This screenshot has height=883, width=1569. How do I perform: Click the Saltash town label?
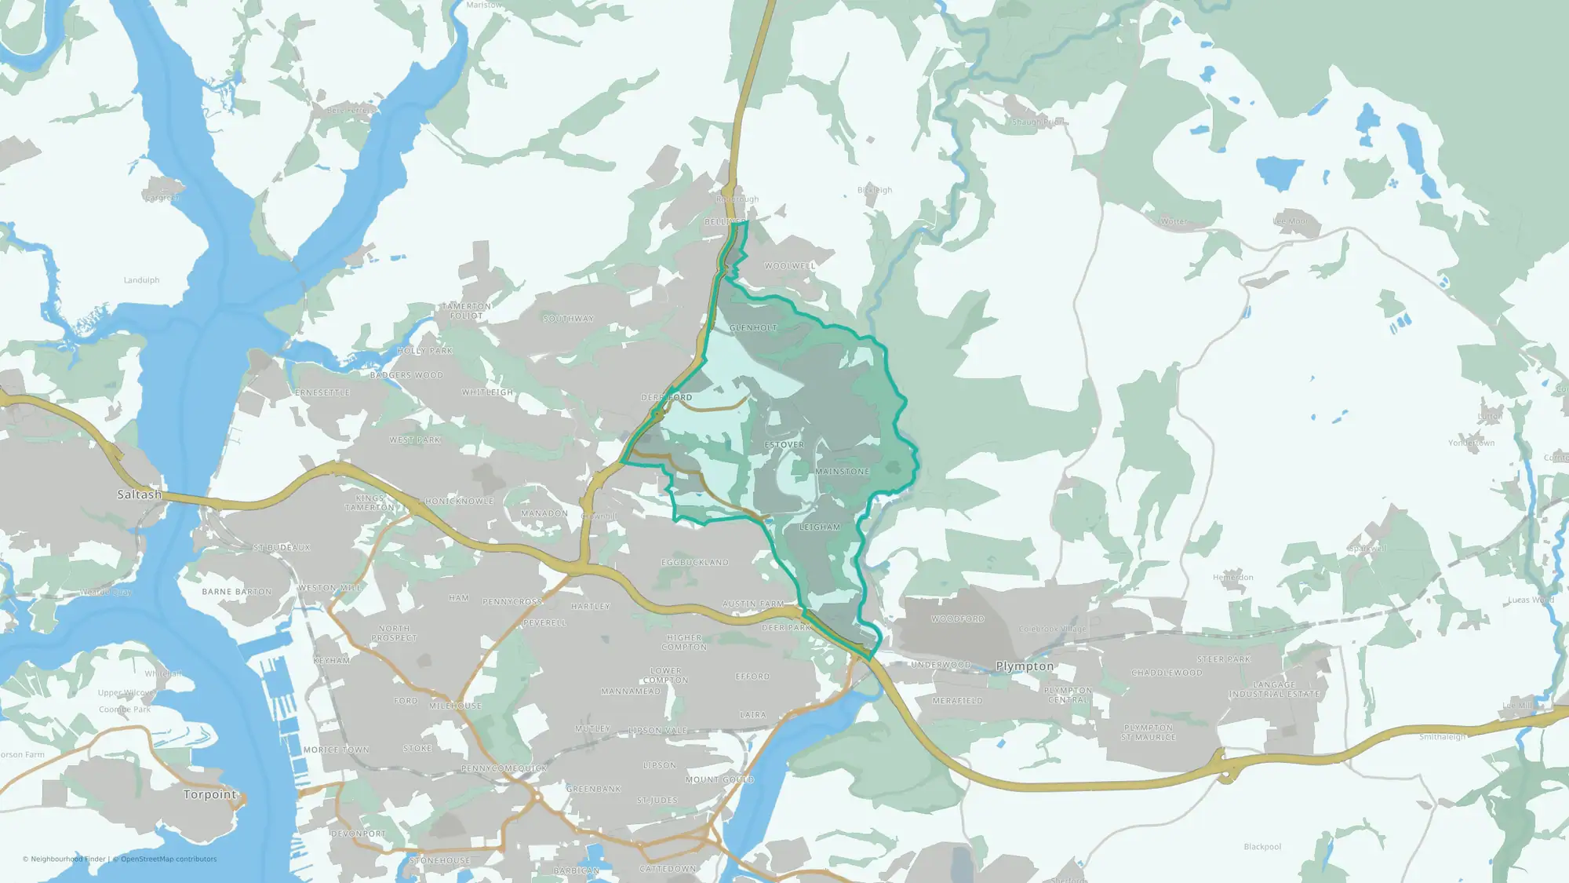tap(140, 494)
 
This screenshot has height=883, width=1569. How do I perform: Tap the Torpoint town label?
tap(209, 794)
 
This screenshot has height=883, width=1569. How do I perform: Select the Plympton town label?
tap(1025, 666)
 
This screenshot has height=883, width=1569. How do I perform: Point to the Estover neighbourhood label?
tap(784, 445)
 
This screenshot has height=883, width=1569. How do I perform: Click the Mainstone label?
tap(843, 472)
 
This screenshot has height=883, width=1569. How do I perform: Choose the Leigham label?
tap(820, 527)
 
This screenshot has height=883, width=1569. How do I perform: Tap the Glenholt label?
tap(753, 328)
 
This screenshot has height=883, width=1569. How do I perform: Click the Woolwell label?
tap(790, 266)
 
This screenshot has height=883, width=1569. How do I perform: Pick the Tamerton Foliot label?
tap(466, 311)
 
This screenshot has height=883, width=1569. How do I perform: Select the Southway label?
tap(569, 319)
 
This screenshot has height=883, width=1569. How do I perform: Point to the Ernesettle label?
tap(322, 392)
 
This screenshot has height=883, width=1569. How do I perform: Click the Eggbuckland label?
tap(695, 563)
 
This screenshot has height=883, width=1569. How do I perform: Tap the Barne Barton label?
tap(237, 592)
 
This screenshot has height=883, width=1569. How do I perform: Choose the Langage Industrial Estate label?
tap(1274, 690)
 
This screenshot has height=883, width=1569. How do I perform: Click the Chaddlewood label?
tap(1167, 673)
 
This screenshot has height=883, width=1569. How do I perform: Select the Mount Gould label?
tap(719, 780)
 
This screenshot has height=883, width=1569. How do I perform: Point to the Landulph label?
tap(142, 280)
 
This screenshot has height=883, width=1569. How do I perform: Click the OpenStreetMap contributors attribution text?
tap(169, 859)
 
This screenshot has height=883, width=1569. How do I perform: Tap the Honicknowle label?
tap(460, 502)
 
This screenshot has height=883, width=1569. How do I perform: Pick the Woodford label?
tap(958, 619)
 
